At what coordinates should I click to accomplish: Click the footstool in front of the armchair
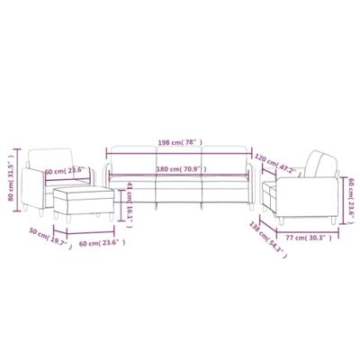point(83,200)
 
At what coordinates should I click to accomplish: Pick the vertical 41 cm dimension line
point(125,197)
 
